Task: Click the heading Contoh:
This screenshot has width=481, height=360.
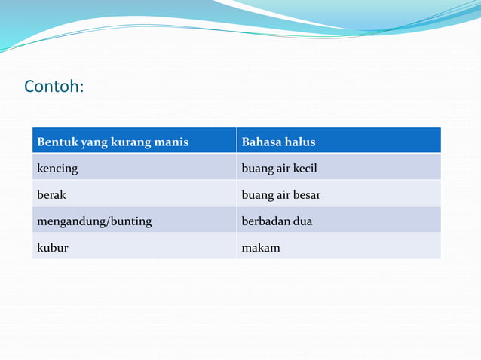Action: (x=54, y=87)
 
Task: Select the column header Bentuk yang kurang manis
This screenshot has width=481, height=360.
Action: (x=113, y=142)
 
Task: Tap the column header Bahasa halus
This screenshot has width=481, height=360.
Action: (x=278, y=142)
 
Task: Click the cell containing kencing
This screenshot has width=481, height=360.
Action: (x=58, y=168)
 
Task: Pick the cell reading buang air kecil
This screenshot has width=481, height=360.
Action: (x=278, y=168)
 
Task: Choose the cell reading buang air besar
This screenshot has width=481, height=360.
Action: (x=280, y=195)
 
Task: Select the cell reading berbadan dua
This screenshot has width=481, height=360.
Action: (x=276, y=221)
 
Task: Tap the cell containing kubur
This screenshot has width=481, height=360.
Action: (x=53, y=247)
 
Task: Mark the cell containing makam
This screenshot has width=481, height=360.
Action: (x=260, y=247)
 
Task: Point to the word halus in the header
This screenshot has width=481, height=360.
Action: (x=300, y=142)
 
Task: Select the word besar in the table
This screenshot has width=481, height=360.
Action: (x=306, y=195)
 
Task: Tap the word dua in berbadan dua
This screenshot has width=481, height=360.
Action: (x=302, y=221)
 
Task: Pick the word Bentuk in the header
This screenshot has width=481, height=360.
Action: (x=55, y=142)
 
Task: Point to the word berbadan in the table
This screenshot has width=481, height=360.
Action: (x=265, y=221)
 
